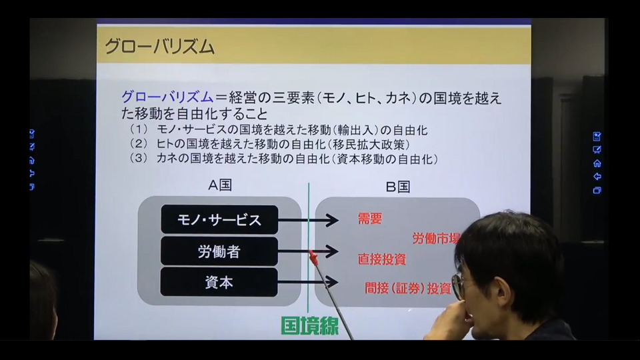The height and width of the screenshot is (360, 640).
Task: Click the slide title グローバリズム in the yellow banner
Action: coord(159,47)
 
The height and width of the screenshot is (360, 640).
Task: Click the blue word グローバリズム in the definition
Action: coord(167,97)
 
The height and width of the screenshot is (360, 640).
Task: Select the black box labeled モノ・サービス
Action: coord(219,220)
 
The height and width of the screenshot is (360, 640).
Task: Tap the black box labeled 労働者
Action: coord(219,251)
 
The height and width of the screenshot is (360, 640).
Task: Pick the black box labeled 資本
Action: coord(219,283)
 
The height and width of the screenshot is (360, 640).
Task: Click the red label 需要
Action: coord(370,219)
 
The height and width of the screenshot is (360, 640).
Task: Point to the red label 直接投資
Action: coord(381,259)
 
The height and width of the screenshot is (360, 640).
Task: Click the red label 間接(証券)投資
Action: coord(408,288)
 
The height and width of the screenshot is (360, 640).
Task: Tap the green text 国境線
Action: coord(310,326)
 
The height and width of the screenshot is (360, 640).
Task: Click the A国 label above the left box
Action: coord(220,185)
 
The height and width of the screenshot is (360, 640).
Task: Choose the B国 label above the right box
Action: coord(398,187)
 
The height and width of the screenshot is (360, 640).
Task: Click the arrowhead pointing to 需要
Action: coord(332,221)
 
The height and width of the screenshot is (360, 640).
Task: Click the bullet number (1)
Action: coord(139,129)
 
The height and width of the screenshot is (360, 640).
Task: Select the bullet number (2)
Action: coord(139,144)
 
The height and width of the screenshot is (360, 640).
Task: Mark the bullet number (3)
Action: coord(139,159)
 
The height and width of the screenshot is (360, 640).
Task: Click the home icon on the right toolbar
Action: coord(597,163)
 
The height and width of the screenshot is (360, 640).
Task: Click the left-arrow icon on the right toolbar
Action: coord(597,177)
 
